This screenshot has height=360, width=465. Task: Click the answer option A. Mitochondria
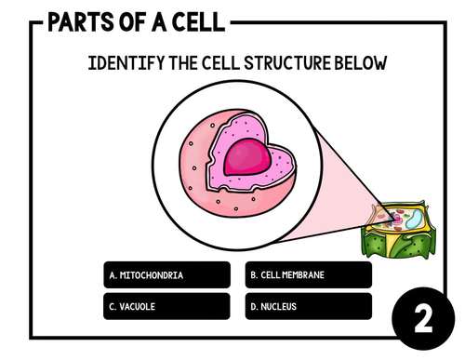coord(166,275)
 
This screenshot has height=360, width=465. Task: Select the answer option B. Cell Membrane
coord(310,275)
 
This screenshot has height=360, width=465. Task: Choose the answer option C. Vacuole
coord(166,306)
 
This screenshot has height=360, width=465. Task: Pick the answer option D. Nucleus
coord(310,306)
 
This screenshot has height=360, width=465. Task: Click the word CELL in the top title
coord(193,20)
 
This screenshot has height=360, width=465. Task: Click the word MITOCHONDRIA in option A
coord(152,275)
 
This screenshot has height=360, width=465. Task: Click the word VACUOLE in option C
coord(137,306)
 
